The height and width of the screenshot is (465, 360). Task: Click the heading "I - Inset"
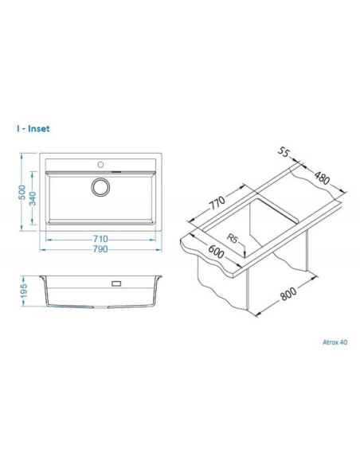[x=33, y=128]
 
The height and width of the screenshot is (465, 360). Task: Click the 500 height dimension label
[x=22, y=192]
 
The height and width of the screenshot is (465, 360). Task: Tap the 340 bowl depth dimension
[x=33, y=198]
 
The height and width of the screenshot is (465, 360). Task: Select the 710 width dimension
[x=100, y=238]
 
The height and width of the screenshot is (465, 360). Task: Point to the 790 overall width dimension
[x=100, y=248]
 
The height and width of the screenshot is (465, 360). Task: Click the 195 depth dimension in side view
[x=24, y=291]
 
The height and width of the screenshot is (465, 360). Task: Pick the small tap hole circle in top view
[x=101, y=164]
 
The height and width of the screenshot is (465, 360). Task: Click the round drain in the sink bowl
[x=100, y=187]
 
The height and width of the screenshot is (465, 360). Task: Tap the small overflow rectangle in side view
[x=116, y=283]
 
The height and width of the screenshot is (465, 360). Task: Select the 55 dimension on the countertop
[x=284, y=152]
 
